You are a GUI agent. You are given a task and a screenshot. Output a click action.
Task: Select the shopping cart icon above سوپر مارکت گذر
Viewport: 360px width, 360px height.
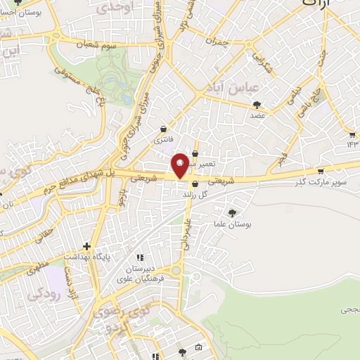[x=321, y=170]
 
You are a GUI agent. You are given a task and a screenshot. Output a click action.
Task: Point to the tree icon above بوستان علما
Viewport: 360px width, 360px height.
[x=233, y=212]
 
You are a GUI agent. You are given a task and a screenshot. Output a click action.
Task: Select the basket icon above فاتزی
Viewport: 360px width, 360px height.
[x=164, y=129]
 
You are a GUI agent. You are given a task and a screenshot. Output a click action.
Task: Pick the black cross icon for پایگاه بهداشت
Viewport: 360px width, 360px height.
[x=86, y=246]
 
